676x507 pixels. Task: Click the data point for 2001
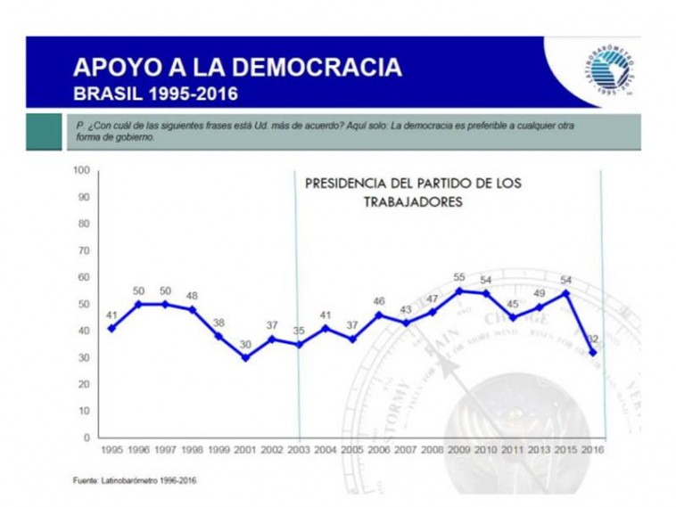tap(245, 357)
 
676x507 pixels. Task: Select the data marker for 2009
tap(458, 290)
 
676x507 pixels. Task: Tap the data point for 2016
tap(592, 352)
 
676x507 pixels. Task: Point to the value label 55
tap(458, 277)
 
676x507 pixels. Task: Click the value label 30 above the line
tap(245, 344)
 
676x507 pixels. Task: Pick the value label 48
tap(192, 296)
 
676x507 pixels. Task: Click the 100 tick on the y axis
tap(82, 169)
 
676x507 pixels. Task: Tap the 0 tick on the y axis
tap(87, 437)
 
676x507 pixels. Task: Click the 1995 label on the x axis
tap(111, 451)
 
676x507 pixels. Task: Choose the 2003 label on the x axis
tap(299, 451)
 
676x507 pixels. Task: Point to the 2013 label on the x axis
tap(539, 451)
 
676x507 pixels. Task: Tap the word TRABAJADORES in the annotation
tap(412, 202)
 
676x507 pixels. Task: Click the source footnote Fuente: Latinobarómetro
tap(135, 481)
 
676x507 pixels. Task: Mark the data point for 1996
tap(138, 304)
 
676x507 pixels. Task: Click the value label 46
tap(378, 301)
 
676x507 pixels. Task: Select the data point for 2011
tap(512, 317)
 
